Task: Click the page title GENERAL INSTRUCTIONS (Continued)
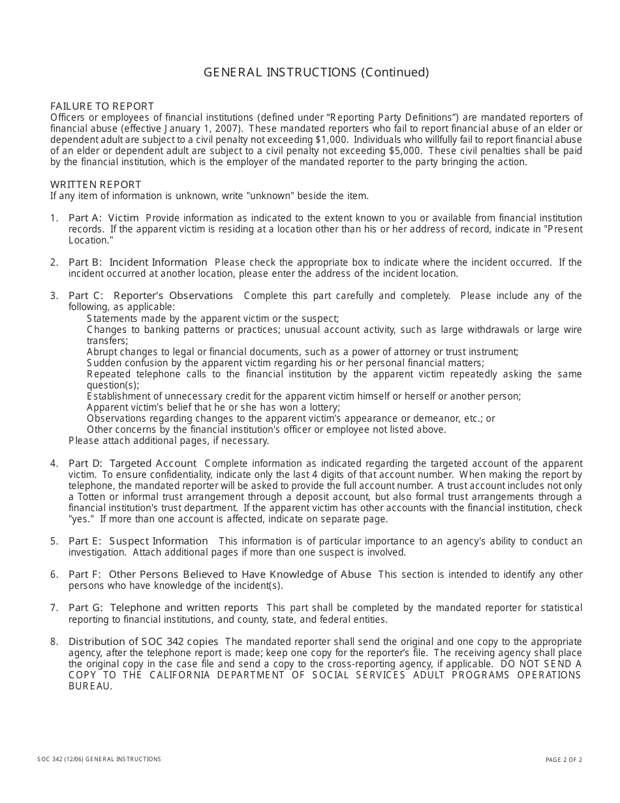tap(316, 72)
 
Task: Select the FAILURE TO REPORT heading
tap(102, 106)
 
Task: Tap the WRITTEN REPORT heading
tap(95, 185)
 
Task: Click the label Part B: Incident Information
tap(138, 262)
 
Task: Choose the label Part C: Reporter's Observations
tap(150, 296)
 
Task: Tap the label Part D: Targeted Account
tap(132, 464)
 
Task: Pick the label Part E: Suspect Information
tap(138, 541)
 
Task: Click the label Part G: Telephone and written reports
tap(163, 608)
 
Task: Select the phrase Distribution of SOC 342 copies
tap(144, 642)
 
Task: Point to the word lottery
tap(322, 407)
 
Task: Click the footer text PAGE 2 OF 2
tap(564, 760)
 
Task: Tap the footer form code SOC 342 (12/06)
tap(61, 759)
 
